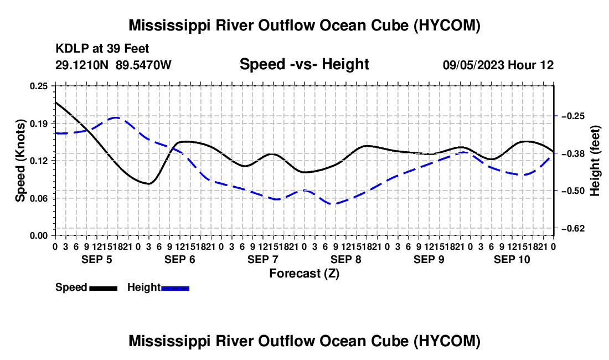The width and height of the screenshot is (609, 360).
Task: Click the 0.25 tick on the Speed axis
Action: [39, 86]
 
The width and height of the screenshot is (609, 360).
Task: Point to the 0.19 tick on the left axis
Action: [39, 124]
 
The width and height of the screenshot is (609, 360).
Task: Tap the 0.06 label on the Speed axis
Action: [39, 198]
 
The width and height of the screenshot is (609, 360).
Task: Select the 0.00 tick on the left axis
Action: [39, 236]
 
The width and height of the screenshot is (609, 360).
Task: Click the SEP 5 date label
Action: [97, 259]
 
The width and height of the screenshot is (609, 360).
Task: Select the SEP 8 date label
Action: [346, 259]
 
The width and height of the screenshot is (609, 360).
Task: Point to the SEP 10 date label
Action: [512, 259]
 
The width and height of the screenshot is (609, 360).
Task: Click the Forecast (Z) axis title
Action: [304, 274]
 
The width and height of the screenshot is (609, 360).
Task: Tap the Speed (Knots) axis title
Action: [20, 161]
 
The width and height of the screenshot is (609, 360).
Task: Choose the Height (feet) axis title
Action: [595, 161]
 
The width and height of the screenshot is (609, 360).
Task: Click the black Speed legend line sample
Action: [104, 289]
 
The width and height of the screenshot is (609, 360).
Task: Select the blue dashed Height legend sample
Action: [175, 289]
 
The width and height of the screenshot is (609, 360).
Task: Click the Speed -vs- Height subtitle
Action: [304, 64]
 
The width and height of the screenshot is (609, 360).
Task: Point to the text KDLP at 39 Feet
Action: [102, 49]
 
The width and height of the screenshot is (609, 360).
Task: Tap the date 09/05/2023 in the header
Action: [473, 65]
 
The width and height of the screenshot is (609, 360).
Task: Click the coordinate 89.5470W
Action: [143, 65]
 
